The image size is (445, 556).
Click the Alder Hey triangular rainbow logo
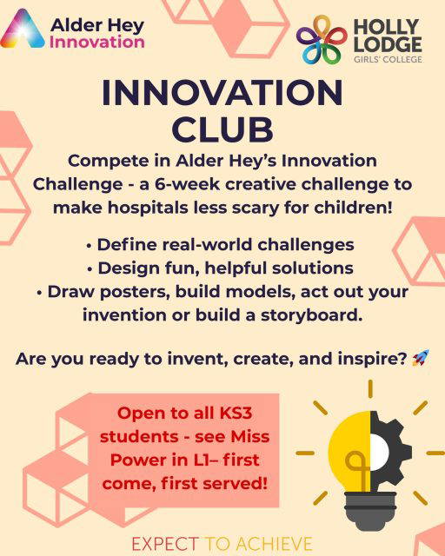[x=23, y=29]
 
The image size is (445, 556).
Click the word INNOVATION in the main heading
[x=222, y=94]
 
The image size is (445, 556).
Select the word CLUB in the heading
[x=222, y=129]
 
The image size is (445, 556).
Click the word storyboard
[x=312, y=314]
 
